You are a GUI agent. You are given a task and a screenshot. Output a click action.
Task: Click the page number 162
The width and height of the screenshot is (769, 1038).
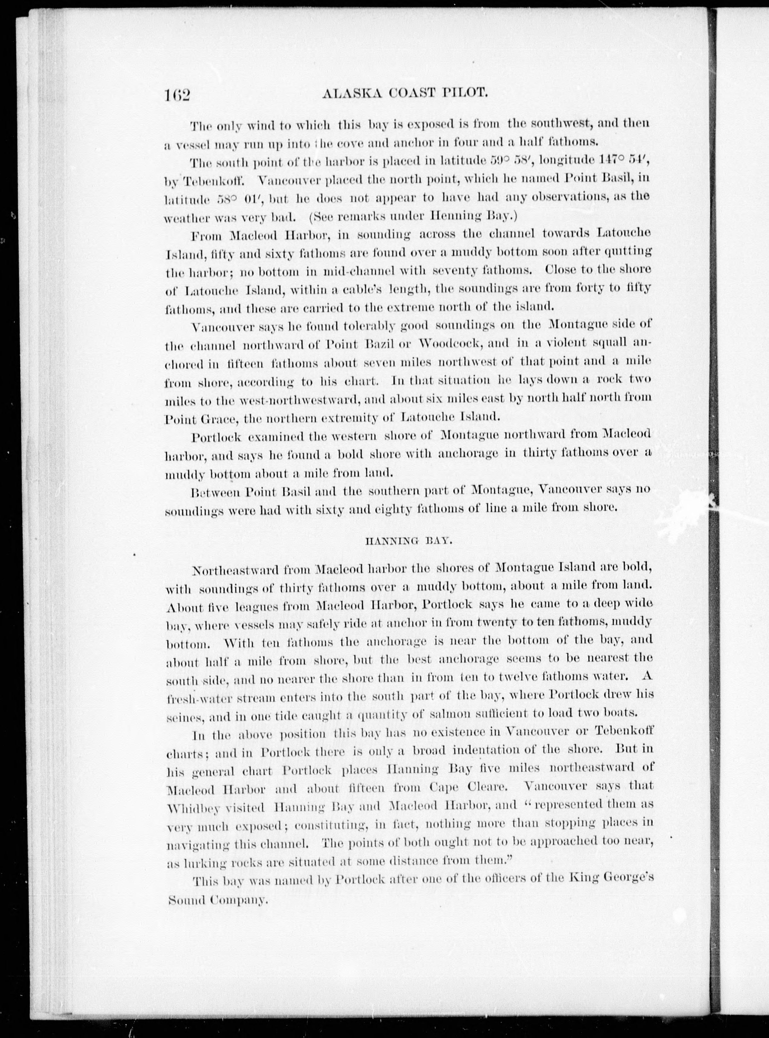[x=177, y=95]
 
